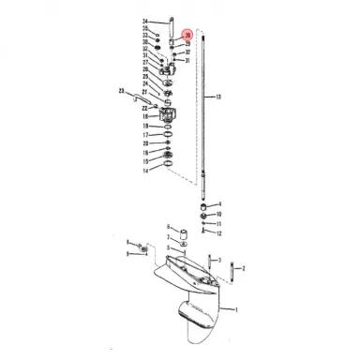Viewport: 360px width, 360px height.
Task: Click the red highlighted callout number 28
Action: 187,35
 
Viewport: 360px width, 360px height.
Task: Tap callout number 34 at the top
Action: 145,22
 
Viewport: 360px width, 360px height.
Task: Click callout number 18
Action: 145,116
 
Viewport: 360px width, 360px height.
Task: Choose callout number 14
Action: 145,172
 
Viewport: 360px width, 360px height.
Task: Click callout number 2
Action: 244,269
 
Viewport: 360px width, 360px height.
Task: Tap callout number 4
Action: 219,203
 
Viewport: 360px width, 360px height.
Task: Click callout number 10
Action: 219,215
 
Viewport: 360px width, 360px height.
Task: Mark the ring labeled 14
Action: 170,170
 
